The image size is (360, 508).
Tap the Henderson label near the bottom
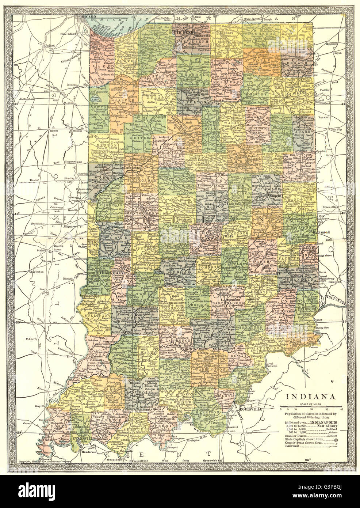coord(84,452)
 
